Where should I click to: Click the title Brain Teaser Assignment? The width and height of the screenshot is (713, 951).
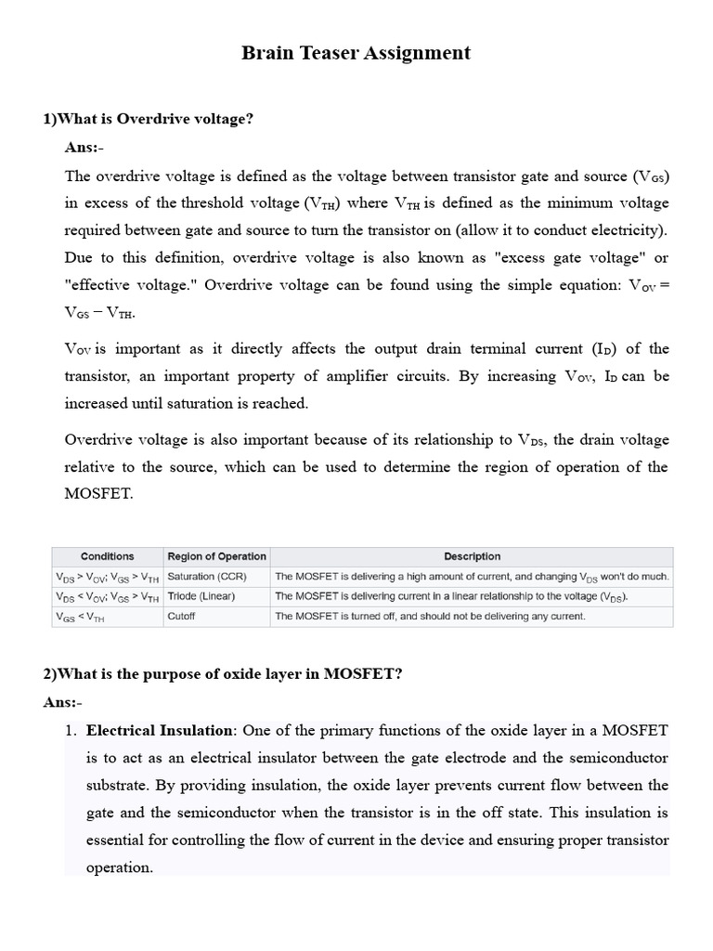[x=356, y=53]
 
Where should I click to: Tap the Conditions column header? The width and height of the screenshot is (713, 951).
[x=108, y=556]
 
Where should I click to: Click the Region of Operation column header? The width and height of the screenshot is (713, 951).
[x=216, y=556]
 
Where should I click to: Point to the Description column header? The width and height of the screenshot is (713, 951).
[x=472, y=556]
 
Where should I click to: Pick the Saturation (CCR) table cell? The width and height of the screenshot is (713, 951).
[x=207, y=576]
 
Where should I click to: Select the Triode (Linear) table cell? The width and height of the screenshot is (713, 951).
[x=201, y=595]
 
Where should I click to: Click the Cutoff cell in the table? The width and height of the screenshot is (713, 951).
[x=181, y=616]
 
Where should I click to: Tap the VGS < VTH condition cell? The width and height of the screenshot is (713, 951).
[x=81, y=616]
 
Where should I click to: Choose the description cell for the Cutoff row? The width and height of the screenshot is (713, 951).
[x=430, y=616]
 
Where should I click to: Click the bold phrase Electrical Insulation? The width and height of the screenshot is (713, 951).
[x=162, y=731]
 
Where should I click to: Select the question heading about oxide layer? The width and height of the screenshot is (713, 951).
[x=223, y=674]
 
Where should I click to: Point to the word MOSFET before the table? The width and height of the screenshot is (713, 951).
[x=98, y=494]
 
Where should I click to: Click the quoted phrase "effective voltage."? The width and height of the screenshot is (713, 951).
[x=129, y=285]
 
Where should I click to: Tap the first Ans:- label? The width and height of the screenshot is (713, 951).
[x=84, y=148]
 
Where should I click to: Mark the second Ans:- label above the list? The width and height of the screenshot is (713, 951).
[x=62, y=702]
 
